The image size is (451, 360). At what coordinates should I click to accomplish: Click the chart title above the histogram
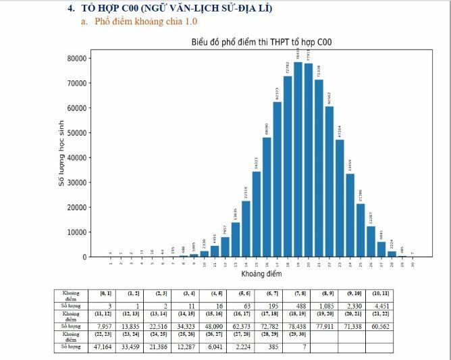tap(261, 43)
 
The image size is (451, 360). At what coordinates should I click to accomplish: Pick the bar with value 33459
tap(350, 215)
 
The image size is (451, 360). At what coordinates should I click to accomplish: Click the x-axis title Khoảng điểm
tap(261, 274)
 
